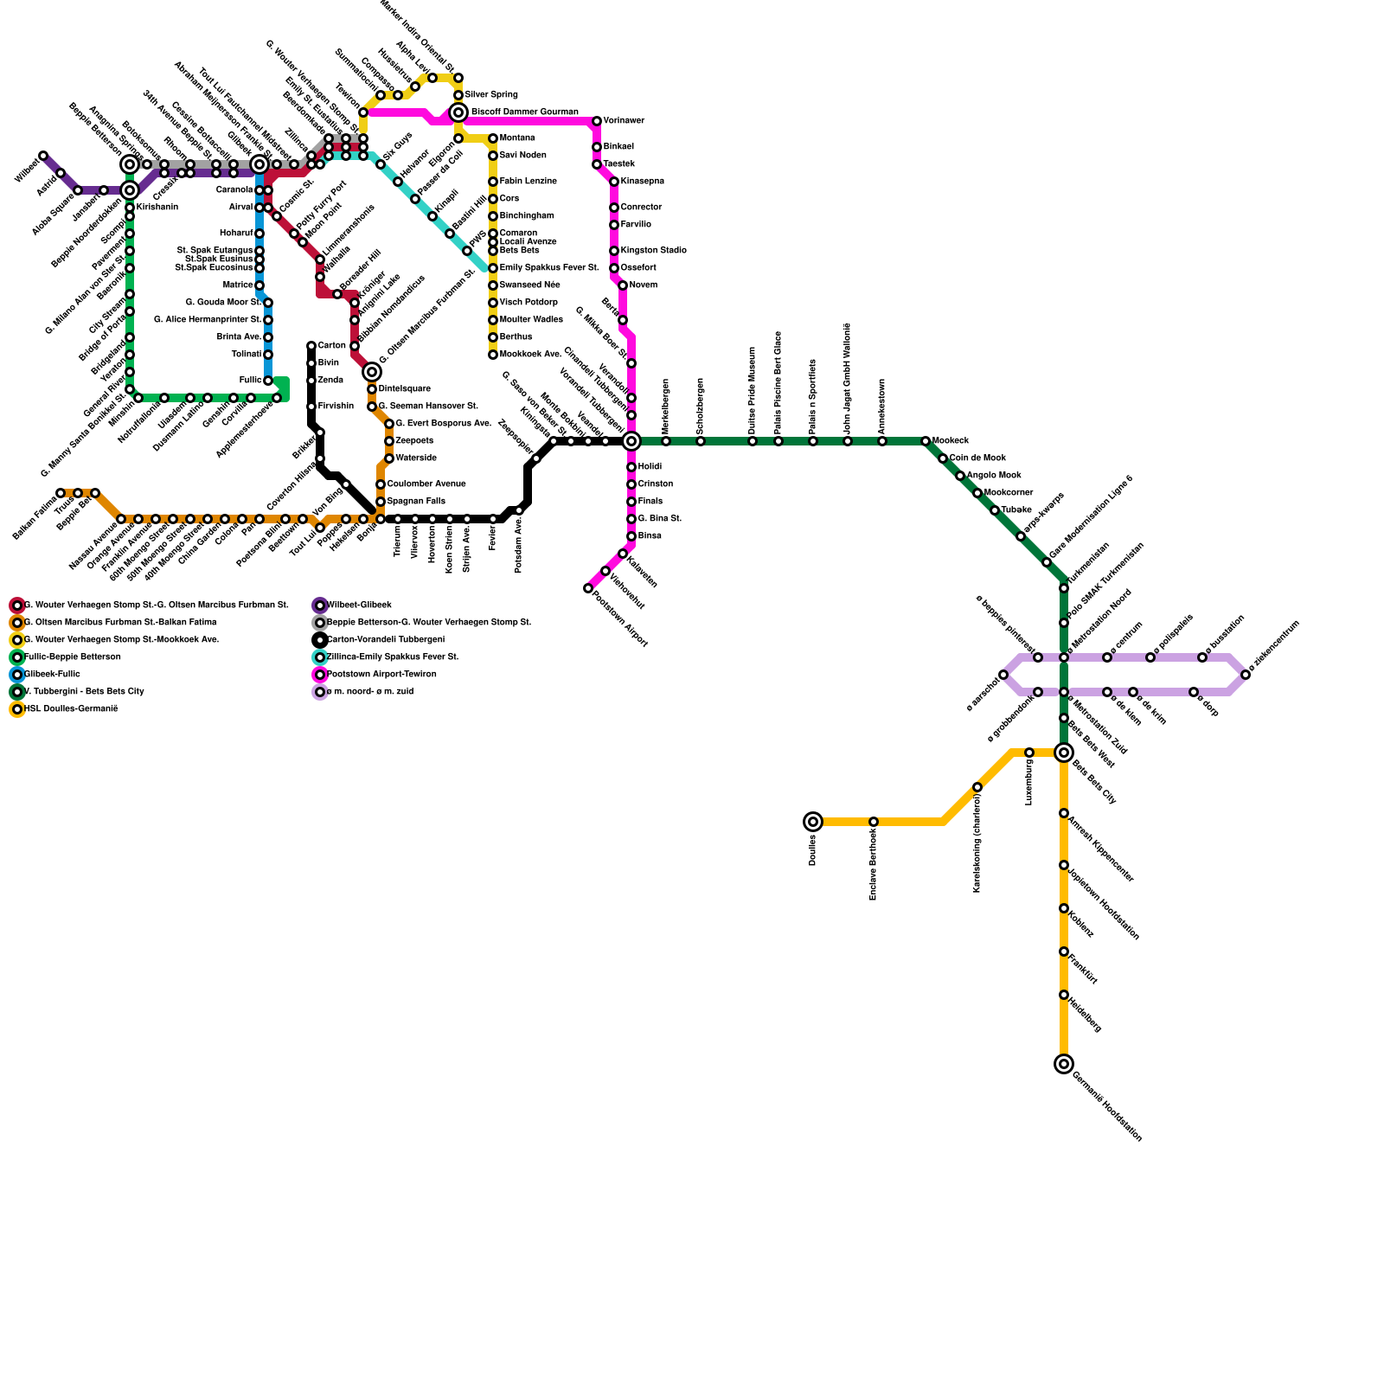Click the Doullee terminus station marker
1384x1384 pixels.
pos(812,822)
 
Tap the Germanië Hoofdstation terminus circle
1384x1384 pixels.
pos(1064,1064)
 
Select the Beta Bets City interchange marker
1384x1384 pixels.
pos(1064,753)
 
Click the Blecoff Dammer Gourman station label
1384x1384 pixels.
pos(524,112)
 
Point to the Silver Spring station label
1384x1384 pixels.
pos(491,94)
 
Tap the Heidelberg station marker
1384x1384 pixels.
pos(1064,995)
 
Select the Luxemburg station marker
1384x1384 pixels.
pos(1029,753)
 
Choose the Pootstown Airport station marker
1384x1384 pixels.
pos(588,588)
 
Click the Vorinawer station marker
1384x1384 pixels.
pos(597,121)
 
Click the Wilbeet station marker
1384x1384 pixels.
pos(43,156)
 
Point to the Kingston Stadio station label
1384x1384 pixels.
pos(653,251)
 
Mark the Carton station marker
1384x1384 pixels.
pos(311,346)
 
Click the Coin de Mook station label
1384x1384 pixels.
pos(977,458)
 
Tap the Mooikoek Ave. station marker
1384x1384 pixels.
pos(493,355)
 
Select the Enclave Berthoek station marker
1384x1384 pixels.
pos(874,822)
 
